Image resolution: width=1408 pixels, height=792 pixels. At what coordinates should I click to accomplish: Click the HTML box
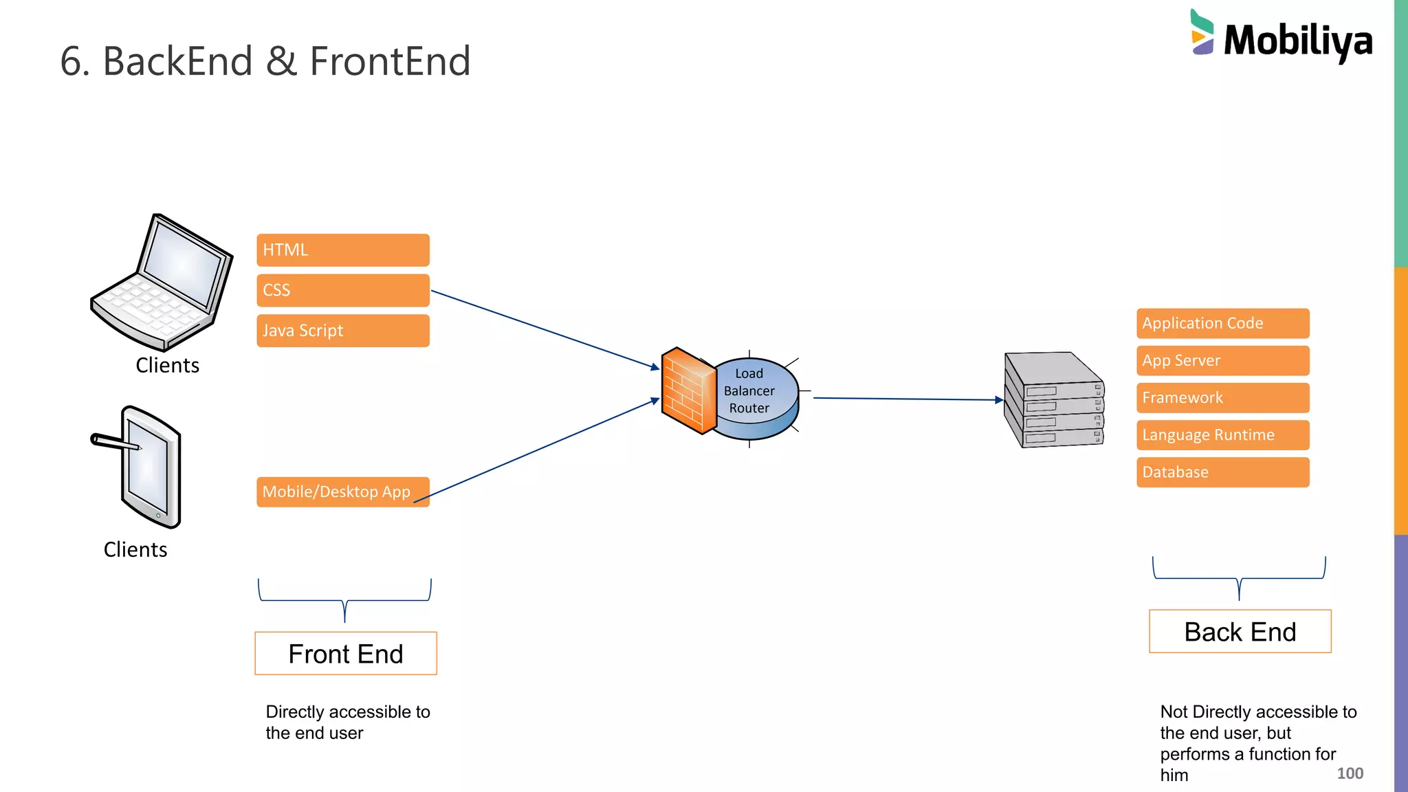coord(342,250)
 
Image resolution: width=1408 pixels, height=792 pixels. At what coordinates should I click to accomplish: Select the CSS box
coord(342,290)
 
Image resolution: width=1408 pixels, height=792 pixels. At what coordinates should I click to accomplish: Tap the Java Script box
coord(342,331)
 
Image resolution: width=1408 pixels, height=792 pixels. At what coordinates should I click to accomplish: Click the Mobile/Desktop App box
coord(342,492)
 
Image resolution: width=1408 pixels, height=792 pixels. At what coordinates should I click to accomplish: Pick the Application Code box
coord(1222,323)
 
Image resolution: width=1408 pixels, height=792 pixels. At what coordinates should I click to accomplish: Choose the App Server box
coord(1222,360)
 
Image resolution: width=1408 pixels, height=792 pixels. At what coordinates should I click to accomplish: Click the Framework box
coord(1222,397)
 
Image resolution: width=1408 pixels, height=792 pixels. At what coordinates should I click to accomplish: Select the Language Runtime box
coord(1222,434)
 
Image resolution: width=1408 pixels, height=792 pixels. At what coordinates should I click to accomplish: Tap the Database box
coord(1222,472)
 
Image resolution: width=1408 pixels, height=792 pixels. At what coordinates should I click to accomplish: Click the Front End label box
coord(346,653)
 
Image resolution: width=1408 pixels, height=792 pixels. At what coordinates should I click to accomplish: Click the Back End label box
coord(1240,631)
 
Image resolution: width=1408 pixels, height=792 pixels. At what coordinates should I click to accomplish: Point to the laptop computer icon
coord(164,282)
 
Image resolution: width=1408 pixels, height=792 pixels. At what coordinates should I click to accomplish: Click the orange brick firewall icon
coord(687,390)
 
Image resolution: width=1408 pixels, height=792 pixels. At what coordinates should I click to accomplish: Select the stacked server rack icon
coord(1053,400)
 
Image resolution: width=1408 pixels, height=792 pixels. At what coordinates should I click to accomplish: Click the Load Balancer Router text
coord(749,390)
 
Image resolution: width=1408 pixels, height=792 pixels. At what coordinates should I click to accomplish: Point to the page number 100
coord(1350,773)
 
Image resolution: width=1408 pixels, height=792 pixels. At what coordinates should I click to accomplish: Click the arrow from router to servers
coord(907,399)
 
